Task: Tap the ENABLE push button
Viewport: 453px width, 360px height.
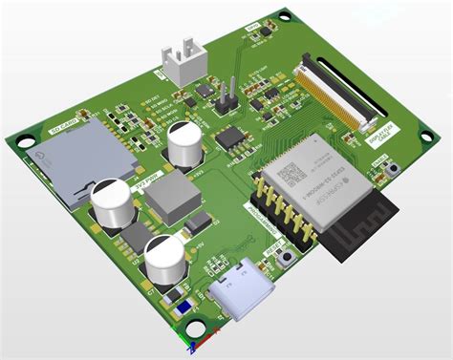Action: pyautogui.click(x=394, y=169)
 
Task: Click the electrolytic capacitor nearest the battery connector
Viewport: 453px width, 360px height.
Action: pyautogui.click(x=183, y=146)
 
